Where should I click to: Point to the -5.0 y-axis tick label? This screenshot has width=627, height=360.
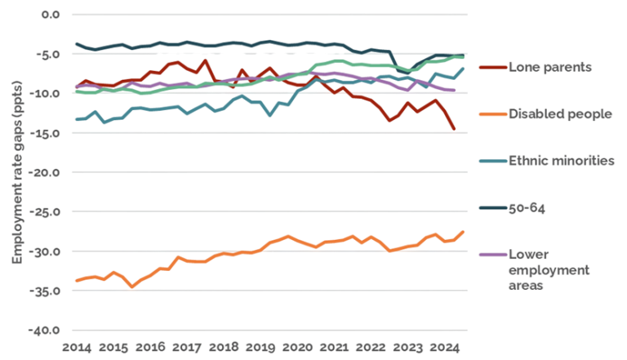[x=48, y=54]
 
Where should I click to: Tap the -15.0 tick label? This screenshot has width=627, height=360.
[x=46, y=133]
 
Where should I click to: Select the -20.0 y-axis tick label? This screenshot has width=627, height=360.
[x=46, y=172]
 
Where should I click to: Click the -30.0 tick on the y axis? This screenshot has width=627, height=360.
[x=46, y=251]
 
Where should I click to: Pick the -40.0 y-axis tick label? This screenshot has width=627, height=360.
[x=46, y=330]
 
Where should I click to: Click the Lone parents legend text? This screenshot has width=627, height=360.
[x=549, y=68]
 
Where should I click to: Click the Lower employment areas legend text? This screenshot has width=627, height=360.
[x=539, y=269]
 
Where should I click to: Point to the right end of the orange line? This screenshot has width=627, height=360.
[x=465, y=231]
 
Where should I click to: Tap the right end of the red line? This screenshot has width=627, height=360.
[x=455, y=129]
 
